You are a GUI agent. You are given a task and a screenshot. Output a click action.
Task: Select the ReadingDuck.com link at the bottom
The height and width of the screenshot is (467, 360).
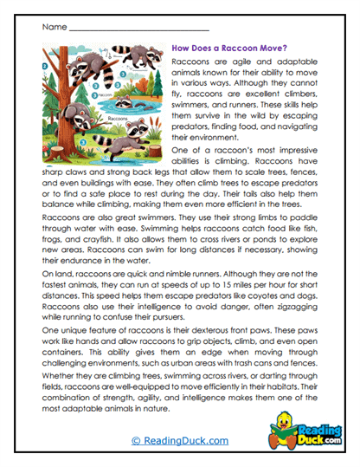[x=180, y=440]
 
